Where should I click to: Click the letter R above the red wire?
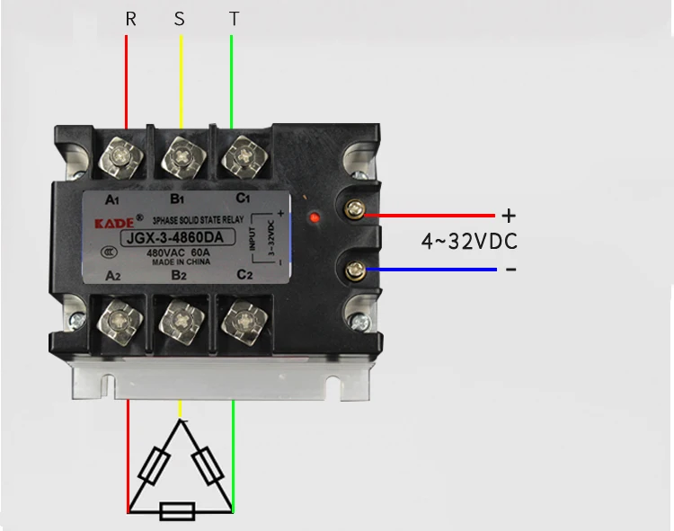131,19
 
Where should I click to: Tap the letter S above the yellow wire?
180,19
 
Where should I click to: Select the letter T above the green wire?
235,19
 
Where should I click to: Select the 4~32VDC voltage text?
469,241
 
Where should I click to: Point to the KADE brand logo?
112,221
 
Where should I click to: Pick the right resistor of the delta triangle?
209,467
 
